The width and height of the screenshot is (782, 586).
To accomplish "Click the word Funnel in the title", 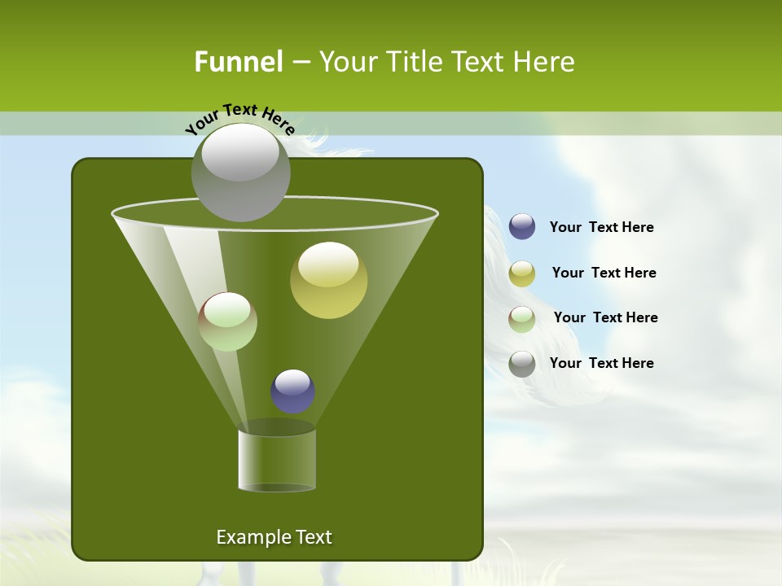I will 238,62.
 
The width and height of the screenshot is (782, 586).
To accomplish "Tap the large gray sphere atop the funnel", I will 240,172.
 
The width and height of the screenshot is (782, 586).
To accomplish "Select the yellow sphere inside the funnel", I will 328,280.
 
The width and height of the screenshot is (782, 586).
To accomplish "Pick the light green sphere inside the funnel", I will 227,321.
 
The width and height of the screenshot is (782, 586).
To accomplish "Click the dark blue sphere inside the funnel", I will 292,391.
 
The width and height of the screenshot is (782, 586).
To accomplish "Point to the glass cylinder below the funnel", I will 277,461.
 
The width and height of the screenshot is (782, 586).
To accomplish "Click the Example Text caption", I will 274,537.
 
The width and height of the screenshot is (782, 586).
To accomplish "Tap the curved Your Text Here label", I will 239,118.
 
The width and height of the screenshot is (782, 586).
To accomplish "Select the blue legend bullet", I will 522,227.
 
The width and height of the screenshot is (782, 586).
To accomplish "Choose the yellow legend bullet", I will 522,273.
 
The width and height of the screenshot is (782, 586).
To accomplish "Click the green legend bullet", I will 522,318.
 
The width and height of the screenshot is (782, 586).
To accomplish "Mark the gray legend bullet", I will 522,364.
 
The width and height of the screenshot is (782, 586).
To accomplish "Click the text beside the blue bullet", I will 601,227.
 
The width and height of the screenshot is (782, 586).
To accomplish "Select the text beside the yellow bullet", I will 604,273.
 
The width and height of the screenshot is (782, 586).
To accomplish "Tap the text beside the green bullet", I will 605,317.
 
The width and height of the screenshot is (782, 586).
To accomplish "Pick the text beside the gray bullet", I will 601,363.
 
